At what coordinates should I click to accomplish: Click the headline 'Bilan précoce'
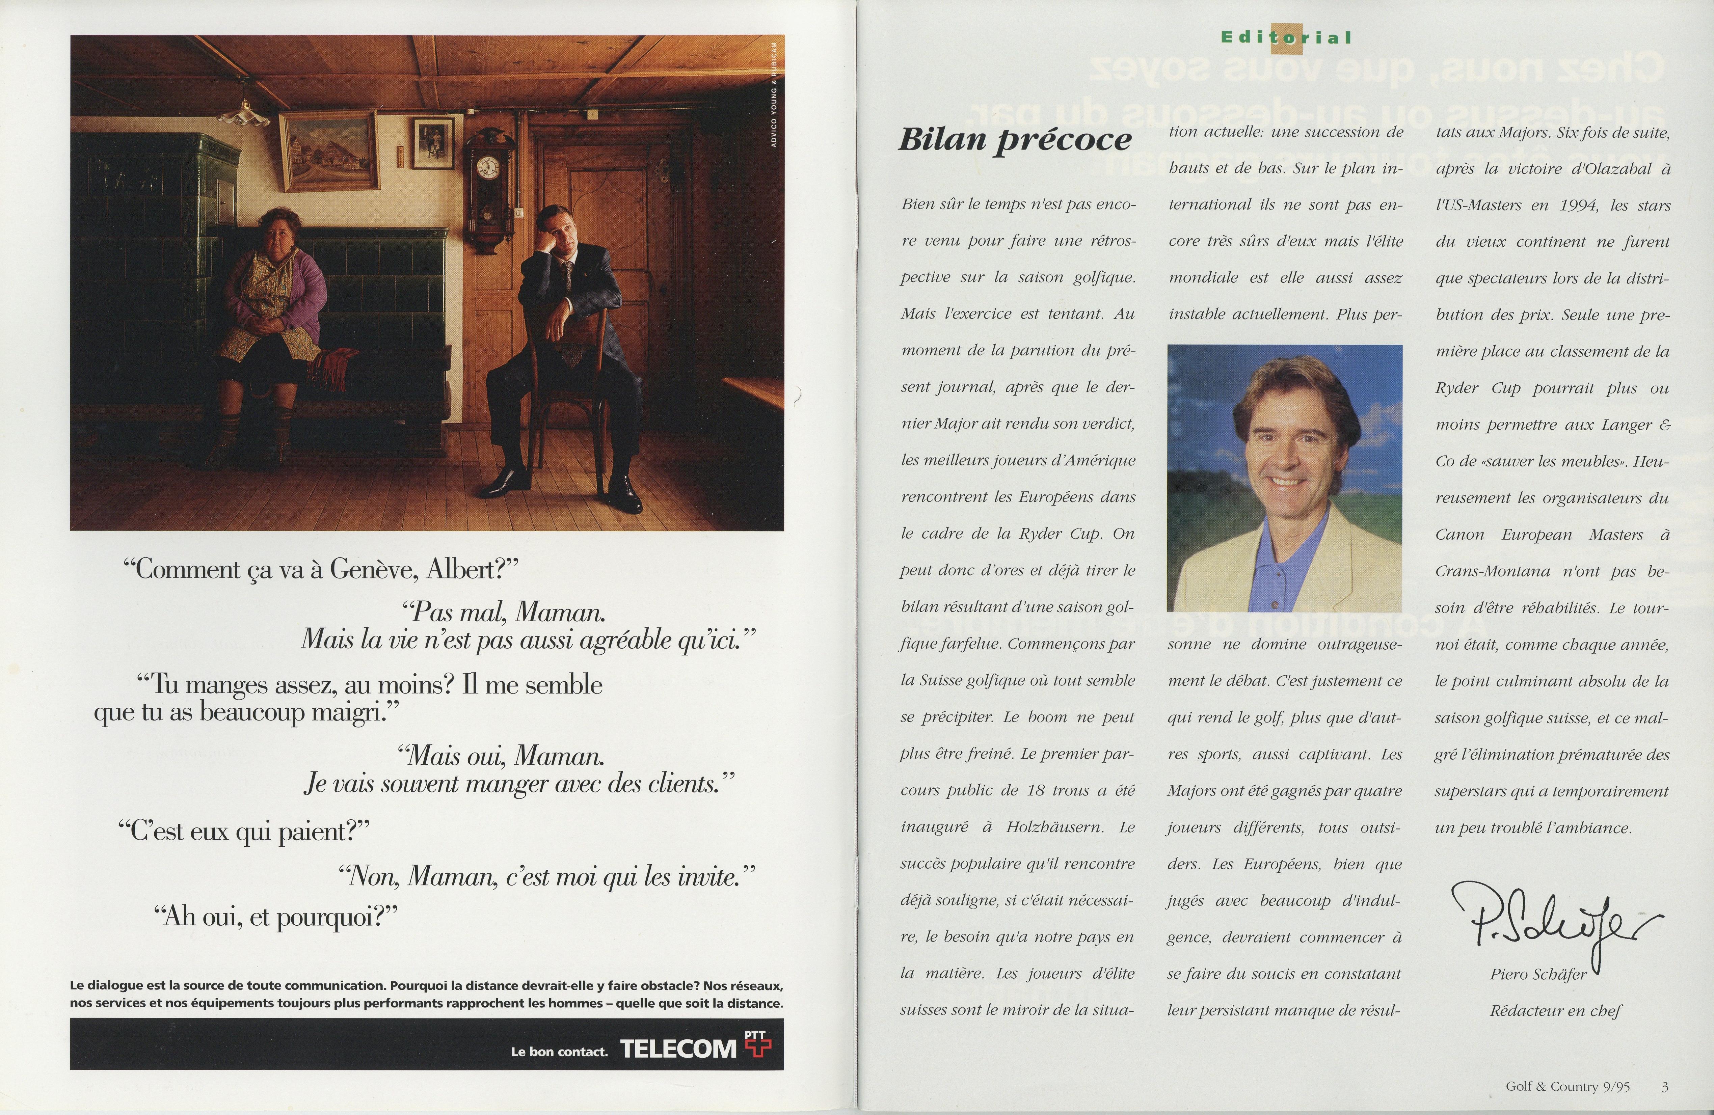coord(1014,139)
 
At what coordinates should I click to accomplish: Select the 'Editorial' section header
coord(1286,37)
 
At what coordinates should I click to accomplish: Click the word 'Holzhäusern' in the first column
coord(1053,827)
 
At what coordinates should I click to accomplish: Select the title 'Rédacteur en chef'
coord(1556,1011)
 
